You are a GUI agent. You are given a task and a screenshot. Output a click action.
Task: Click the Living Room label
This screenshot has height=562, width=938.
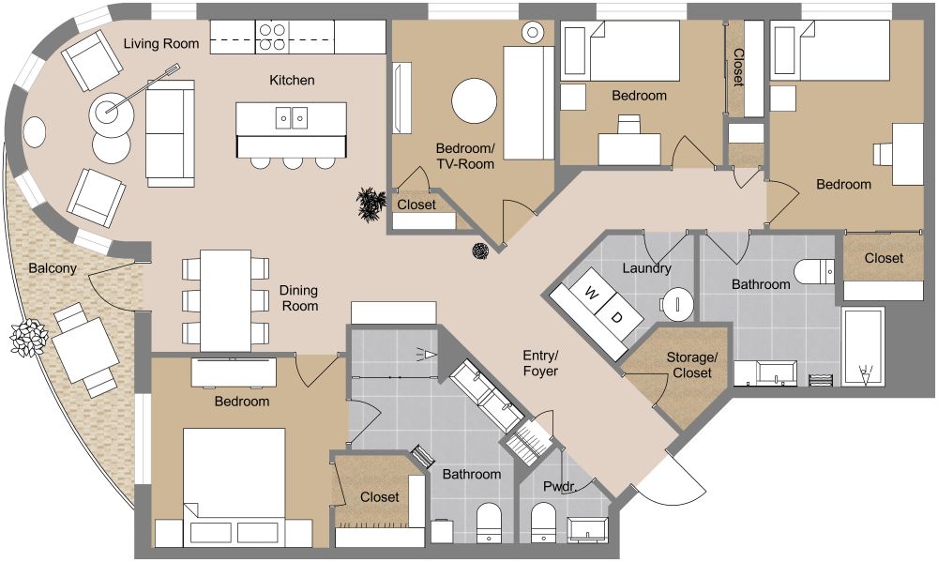[161, 44]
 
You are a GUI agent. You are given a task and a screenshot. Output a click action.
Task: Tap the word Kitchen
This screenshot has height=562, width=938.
[292, 80]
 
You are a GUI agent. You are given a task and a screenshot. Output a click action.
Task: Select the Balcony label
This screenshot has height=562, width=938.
[53, 268]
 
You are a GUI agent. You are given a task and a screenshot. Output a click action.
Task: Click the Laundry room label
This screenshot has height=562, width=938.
[646, 268]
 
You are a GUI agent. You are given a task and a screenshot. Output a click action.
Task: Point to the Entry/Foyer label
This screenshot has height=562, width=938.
[540, 363]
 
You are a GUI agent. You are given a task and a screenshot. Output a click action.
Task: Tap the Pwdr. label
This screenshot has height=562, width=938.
[559, 487]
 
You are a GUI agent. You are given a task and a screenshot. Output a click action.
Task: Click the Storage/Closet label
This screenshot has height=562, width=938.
[692, 365]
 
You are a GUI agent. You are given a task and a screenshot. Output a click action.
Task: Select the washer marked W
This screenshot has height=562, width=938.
[590, 294]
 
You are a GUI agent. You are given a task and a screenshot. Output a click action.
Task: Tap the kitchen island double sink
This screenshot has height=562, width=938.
[292, 118]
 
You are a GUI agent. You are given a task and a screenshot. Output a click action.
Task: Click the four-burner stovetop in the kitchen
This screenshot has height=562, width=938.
[272, 38]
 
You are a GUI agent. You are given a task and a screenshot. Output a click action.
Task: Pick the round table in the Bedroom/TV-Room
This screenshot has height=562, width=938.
[474, 101]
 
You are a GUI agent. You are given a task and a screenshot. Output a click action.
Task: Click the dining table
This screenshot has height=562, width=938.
[225, 300]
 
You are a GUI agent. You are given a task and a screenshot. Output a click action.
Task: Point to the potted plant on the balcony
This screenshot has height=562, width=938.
[28, 338]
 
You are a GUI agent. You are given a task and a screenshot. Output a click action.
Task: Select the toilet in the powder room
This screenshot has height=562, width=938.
[542, 522]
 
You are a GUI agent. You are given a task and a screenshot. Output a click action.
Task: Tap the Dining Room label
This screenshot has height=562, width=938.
[299, 298]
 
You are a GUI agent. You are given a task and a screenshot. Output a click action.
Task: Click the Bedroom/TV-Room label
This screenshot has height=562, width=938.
[465, 156]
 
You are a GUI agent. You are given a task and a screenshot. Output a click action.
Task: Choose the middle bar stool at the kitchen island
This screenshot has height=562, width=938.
[292, 162]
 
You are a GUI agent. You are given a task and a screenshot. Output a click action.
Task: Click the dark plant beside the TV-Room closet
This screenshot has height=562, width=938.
[371, 205]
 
